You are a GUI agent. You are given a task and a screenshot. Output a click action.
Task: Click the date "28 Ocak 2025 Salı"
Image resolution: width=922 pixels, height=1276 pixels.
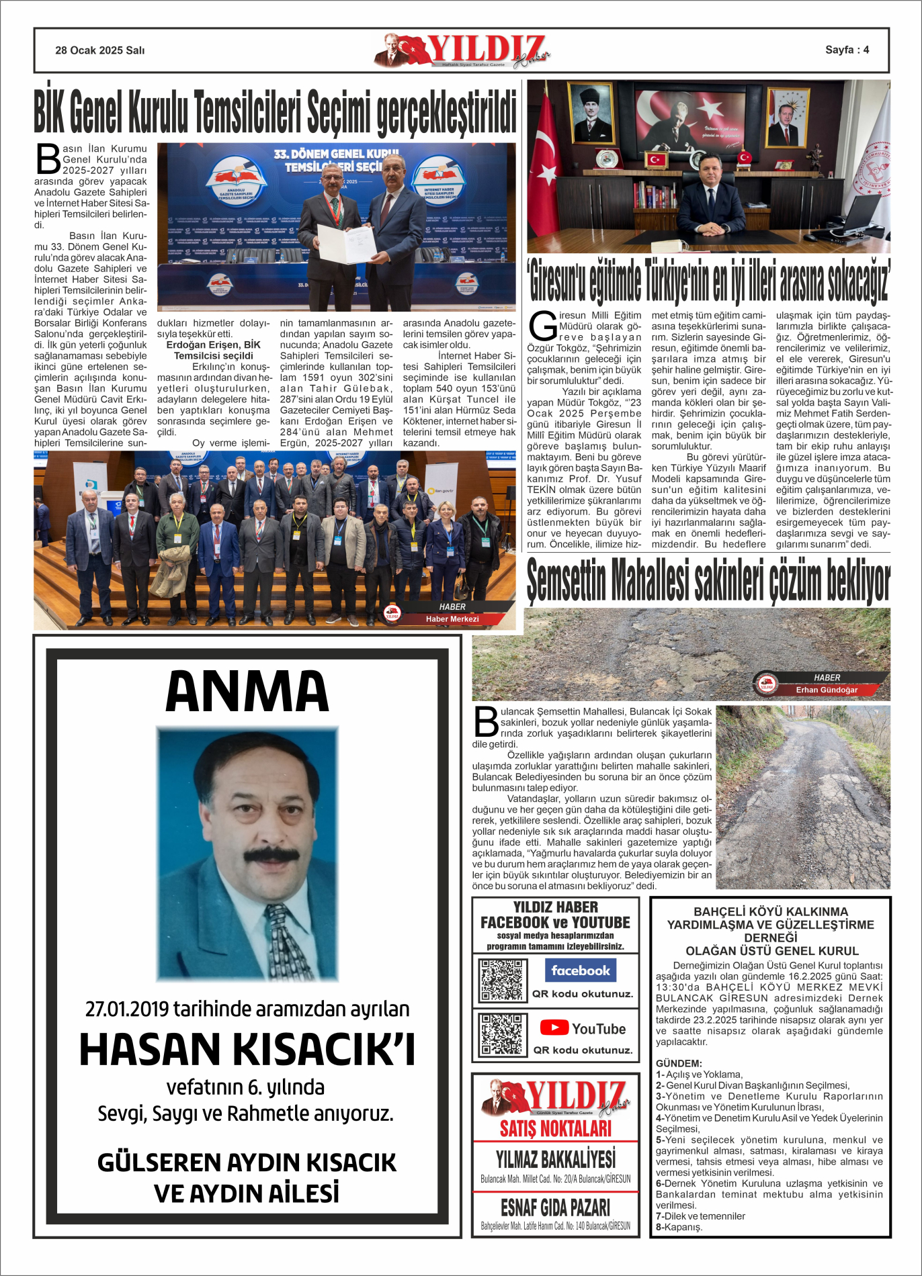(99, 50)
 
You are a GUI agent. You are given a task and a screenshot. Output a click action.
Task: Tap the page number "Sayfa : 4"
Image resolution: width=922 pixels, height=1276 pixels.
(847, 50)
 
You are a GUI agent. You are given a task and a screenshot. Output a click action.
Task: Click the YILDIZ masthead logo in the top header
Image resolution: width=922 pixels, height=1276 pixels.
(464, 50)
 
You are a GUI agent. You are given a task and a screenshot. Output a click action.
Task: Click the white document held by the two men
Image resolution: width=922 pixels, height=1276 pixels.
(346, 243)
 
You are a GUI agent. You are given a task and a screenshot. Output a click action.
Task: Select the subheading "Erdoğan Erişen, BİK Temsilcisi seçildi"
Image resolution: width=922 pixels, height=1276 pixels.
(213, 350)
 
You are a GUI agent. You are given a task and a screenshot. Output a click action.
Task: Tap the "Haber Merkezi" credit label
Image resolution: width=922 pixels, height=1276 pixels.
(452, 619)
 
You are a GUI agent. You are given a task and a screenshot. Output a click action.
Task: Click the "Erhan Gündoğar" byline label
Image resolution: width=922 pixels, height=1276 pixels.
(826, 690)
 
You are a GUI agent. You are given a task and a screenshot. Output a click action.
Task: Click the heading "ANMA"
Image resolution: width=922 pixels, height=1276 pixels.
(247, 691)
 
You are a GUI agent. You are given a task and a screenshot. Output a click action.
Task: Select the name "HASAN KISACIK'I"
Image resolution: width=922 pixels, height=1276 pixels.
(247, 1050)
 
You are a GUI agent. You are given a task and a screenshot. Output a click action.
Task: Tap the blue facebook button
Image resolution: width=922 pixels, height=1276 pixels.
(580, 970)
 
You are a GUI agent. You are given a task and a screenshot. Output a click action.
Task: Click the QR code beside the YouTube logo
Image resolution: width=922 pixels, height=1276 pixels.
(501, 1035)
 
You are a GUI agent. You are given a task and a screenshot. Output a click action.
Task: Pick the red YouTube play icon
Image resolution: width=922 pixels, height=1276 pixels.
(554, 1028)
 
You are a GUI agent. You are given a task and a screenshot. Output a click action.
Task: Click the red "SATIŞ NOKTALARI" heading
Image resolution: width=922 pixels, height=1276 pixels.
(555, 1128)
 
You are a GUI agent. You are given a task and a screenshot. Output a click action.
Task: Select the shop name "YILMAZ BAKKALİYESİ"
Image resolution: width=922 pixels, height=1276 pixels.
(555, 1159)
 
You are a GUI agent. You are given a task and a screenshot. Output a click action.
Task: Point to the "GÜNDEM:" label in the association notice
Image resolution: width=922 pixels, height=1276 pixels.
(679, 1064)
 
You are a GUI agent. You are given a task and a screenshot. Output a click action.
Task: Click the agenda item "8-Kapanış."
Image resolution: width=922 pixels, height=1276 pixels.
(679, 1227)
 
